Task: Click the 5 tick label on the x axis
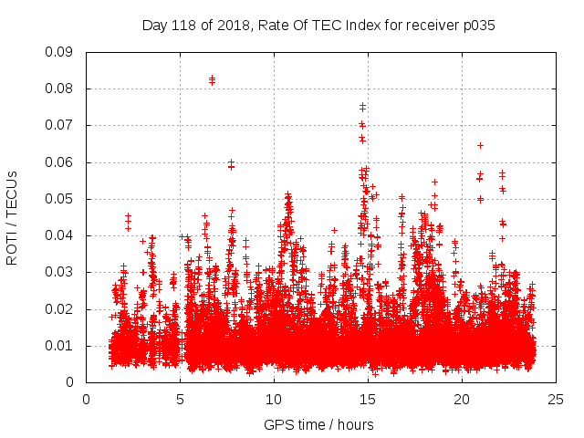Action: (180, 399)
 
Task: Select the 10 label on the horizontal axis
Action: (274, 399)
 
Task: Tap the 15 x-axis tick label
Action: (368, 399)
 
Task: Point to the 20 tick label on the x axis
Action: (462, 399)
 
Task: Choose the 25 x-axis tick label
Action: (556, 399)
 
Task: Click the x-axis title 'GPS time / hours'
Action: (318, 424)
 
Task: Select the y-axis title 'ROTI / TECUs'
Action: (12, 217)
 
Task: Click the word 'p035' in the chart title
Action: (478, 26)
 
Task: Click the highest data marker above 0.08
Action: (212, 78)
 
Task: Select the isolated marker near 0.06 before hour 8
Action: (231, 162)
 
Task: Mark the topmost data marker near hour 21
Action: (480, 145)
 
